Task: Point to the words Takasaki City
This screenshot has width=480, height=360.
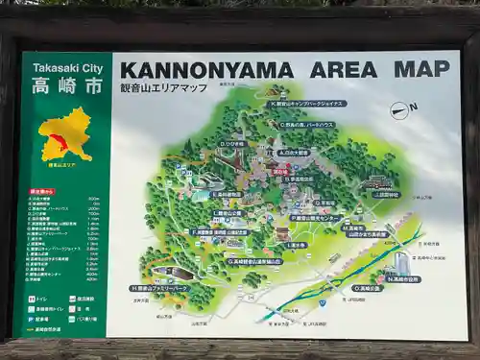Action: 67,68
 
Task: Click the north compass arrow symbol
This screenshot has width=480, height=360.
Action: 404,110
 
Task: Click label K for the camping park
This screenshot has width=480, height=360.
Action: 307,103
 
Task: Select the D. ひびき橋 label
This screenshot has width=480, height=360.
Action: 233,144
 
